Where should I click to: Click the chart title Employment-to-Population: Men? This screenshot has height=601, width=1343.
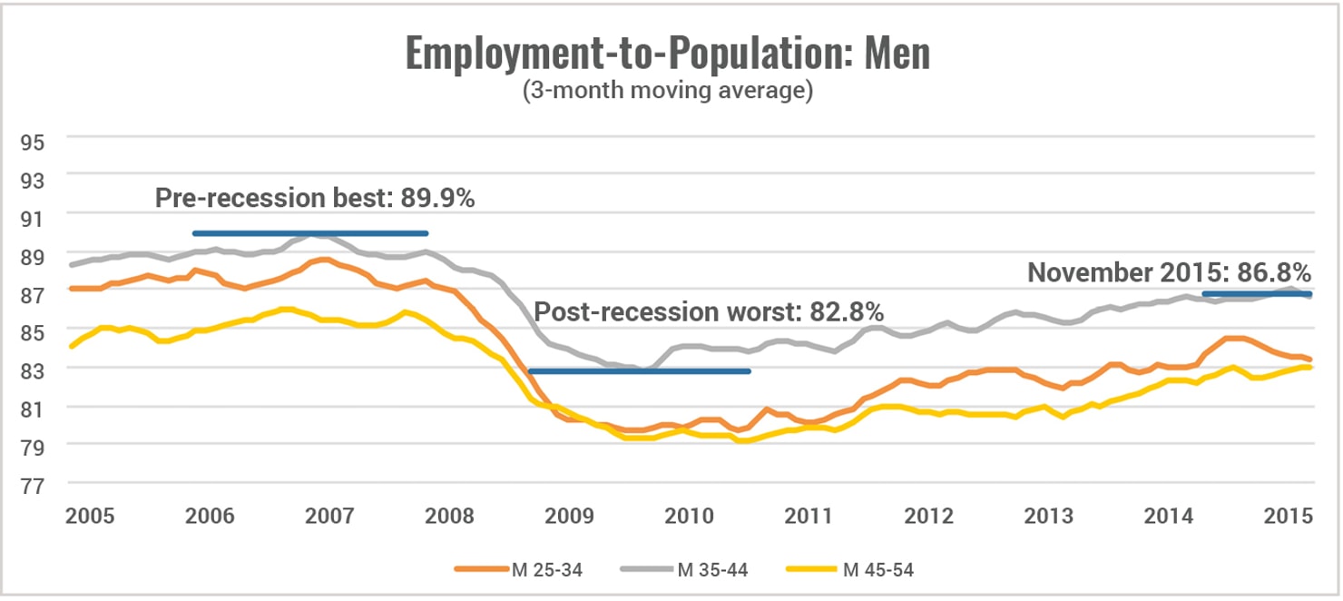pos(667,54)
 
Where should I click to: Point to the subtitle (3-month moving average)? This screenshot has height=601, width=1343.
pos(667,93)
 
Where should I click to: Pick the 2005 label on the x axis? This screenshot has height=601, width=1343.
pos(90,516)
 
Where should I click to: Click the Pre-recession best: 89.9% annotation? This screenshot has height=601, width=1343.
pos(315,199)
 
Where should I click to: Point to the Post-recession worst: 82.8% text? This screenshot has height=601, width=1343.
pos(709,312)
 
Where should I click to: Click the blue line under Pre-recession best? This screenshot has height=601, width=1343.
pos(309,233)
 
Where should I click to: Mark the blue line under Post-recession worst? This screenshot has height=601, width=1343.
pos(640,371)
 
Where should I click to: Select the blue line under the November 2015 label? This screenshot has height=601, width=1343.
pos(1257,294)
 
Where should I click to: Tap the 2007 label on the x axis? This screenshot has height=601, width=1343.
pos(329,516)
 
